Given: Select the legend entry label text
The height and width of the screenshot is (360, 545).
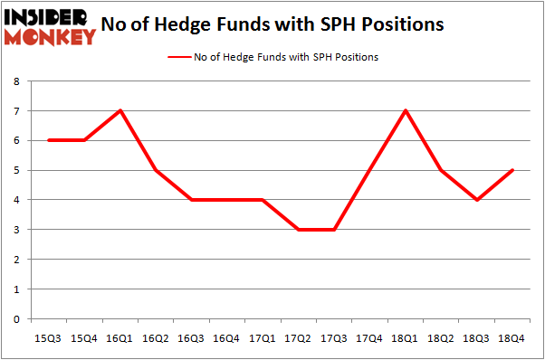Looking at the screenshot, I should [x=286, y=57].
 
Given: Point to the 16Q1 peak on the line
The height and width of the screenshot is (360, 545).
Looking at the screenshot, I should [x=120, y=110].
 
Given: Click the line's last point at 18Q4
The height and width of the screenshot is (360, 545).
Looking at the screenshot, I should [x=512, y=170].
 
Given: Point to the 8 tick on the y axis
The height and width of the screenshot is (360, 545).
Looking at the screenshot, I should [x=15, y=81].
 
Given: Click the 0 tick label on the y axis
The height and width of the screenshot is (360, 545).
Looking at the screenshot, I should [x=15, y=319].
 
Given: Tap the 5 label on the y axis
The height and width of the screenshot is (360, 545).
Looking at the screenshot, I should [x=15, y=170].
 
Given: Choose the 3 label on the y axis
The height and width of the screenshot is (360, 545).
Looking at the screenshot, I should [x=15, y=230].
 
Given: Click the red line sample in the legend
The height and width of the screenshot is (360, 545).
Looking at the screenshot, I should [x=178, y=57].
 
